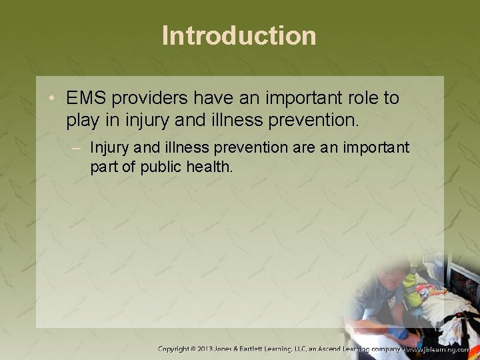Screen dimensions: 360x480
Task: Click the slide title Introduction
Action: pos(239,35)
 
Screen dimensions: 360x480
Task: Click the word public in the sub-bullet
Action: pos(165,166)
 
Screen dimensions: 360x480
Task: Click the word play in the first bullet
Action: pos(83,121)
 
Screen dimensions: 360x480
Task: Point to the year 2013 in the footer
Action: pos(216,349)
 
